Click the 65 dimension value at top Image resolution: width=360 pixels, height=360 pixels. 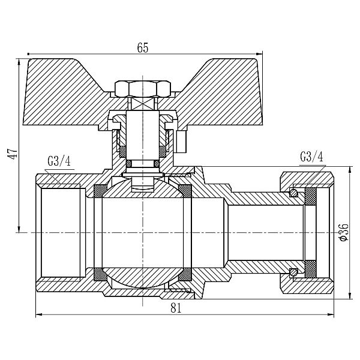[x=143, y=48]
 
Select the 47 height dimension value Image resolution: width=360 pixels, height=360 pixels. [x=13, y=154]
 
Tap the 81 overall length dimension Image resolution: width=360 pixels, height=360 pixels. [x=176, y=308]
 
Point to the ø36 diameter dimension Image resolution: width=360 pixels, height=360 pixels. [x=344, y=232]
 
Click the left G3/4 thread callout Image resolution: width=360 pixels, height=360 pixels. [x=59, y=161]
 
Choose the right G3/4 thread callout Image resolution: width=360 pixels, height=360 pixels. [x=311, y=157]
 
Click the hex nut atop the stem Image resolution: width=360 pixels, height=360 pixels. [x=143, y=88]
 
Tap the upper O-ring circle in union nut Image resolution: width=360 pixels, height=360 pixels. [x=293, y=193]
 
